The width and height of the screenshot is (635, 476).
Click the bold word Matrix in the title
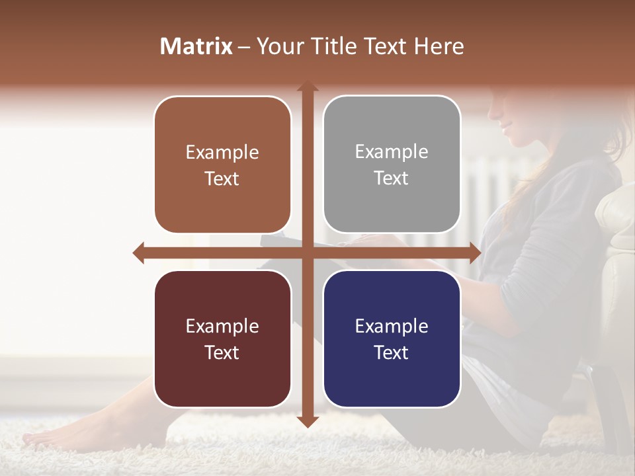tap(196, 46)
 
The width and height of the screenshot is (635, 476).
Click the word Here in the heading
tap(439, 46)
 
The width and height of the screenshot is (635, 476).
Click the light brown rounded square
tap(222, 165)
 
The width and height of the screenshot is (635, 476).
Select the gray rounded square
tap(392, 165)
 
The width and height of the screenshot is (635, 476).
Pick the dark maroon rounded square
tap(222, 338)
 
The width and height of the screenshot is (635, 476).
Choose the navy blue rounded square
tap(392, 338)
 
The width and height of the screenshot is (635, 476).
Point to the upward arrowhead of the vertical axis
tap(307, 87)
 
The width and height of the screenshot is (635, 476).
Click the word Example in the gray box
tap(392, 152)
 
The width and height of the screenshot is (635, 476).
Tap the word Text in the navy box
tap(392, 352)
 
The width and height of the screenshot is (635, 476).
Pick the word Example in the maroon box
tap(222, 326)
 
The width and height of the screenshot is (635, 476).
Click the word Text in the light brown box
tap(222, 179)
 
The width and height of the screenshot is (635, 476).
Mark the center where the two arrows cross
tap(307, 253)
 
